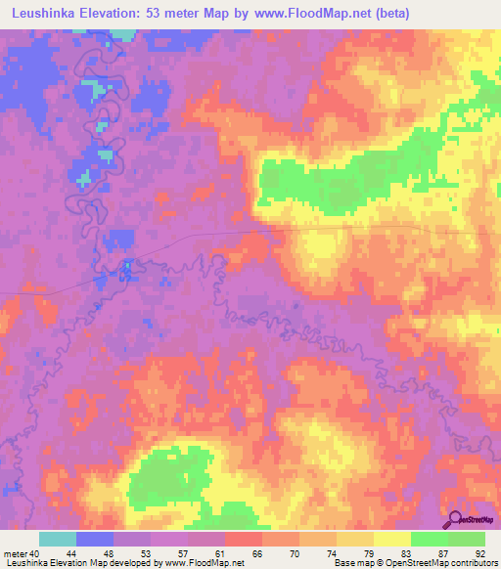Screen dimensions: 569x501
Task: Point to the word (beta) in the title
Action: (x=388, y=13)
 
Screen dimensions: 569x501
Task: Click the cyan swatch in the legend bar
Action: (x=58, y=539)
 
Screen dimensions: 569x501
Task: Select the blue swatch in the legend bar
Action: (x=95, y=539)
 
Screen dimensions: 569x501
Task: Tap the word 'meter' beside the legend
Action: (x=17, y=553)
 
